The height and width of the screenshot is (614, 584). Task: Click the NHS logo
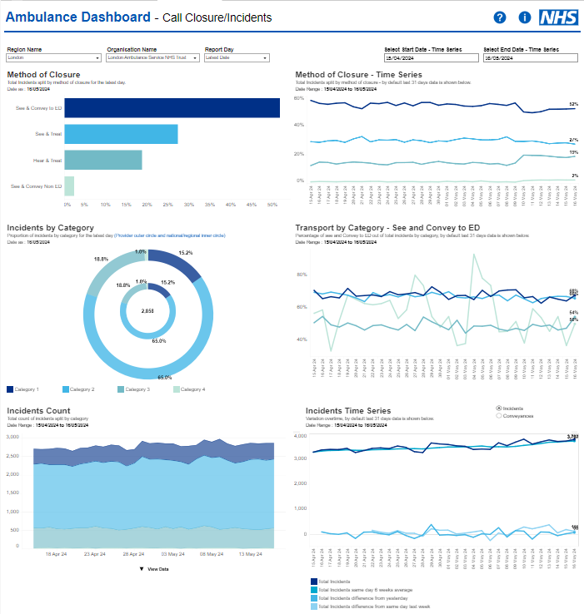pyautogui.click(x=558, y=17)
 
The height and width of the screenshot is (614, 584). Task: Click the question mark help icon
pyautogui.click(x=500, y=17)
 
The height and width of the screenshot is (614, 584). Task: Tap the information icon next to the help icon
pyautogui.click(x=524, y=17)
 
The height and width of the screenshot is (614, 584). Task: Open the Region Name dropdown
pyautogui.click(x=53, y=58)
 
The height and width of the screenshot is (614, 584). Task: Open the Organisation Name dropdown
pyautogui.click(x=152, y=58)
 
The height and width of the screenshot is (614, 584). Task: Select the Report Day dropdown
pyautogui.click(x=237, y=58)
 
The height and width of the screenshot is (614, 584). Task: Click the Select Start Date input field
pyautogui.click(x=430, y=58)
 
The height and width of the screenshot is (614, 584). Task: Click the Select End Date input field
pyautogui.click(x=530, y=58)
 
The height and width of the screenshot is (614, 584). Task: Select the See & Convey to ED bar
pyautogui.click(x=172, y=108)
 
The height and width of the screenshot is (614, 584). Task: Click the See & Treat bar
pyautogui.click(x=121, y=134)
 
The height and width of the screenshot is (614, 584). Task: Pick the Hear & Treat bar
pyautogui.click(x=102, y=160)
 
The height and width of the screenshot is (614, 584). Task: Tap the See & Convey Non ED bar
pyautogui.click(x=69, y=186)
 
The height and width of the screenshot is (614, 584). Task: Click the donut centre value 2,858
pyautogui.click(x=147, y=311)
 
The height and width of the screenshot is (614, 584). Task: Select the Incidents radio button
pyautogui.click(x=498, y=409)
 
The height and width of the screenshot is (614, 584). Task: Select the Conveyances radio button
pyautogui.click(x=498, y=415)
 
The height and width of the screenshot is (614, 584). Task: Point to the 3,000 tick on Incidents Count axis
pyautogui.click(x=12, y=436)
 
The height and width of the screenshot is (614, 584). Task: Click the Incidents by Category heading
pyautogui.click(x=50, y=227)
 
